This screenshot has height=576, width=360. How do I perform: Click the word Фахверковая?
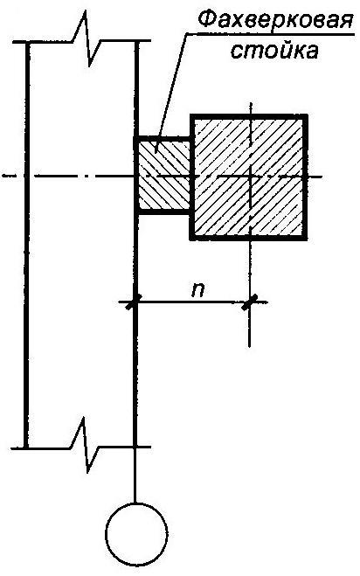click(x=273, y=21)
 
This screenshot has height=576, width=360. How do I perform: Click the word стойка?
click(x=274, y=51)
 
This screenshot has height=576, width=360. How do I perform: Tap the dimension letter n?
click(x=197, y=289)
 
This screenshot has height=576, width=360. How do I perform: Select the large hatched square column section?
click(x=249, y=177)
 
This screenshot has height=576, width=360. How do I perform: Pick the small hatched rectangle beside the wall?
click(x=162, y=175)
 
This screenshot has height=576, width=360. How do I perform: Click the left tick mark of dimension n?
click(x=134, y=302)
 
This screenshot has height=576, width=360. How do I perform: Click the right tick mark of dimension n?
click(x=249, y=302)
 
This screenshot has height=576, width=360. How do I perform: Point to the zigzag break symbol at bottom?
click(x=87, y=445)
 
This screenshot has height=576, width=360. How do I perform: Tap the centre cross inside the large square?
click(x=250, y=177)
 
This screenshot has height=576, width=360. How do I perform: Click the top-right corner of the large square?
click(x=306, y=116)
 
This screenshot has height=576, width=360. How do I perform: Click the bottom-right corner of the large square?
click(x=306, y=239)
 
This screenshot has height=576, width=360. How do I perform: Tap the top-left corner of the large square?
click(x=191, y=116)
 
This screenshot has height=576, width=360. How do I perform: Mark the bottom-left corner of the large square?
click(x=191, y=239)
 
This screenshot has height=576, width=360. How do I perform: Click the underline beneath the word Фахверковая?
click(x=269, y=34)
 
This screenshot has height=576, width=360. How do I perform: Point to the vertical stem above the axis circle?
click(x=136, y=475)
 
